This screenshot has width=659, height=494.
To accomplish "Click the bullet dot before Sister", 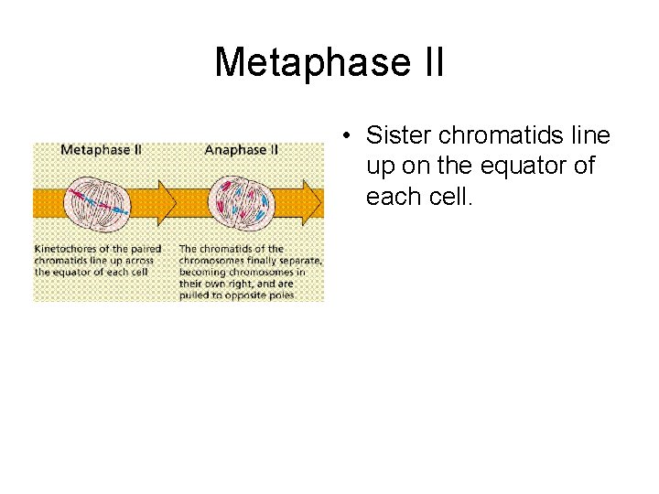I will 350,136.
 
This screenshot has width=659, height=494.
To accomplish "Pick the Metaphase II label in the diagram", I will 101,150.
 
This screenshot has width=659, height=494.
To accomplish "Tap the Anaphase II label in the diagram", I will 242,150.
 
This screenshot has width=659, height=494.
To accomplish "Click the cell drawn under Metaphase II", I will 95,198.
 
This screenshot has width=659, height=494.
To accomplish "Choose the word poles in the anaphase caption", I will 277,296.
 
